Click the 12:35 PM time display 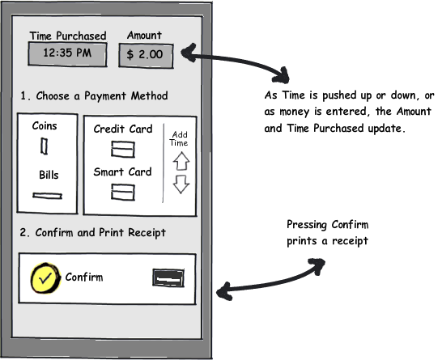[x=67, y=54]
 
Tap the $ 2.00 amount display [x=146, y=56]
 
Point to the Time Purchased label [x=68, y=36]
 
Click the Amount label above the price [x=144, y=36]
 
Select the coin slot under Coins [x=44, y=146]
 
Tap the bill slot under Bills [x=47, y=195]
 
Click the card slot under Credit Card [x=122, y=149]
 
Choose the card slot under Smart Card [x=122, y=192]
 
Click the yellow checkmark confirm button [x=45, y=278]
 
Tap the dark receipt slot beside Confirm [x=168, y=278]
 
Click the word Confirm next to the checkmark [x=84, y=277]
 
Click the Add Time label [x=179, y=138]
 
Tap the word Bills [x=49, y=175]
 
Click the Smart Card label [x=122, y=172]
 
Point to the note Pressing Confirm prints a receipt [x=328, y=233]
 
